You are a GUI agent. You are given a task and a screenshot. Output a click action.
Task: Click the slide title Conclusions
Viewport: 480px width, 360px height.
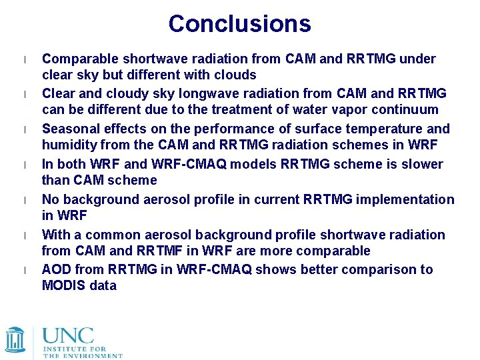pyautogui.click(x=239, y=24)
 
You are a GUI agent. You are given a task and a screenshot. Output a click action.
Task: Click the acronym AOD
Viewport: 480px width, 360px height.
pyautogui.click(x=56, y=269)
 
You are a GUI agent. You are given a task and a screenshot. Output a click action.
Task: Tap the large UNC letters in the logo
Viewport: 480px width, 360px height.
pyautogui.click(x=68, y=335)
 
